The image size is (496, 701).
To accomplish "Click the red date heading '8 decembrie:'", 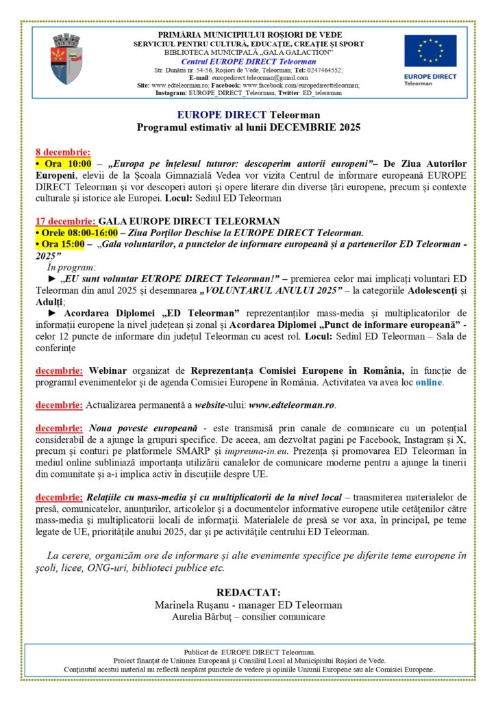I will click(62, 152).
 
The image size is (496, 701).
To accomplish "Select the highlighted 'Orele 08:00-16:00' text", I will click(76, 232).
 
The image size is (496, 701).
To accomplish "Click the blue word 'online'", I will click(427, 382).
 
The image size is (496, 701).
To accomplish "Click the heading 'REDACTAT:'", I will click(248, 593).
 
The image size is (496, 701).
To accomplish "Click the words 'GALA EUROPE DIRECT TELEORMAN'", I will click(189, 220).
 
